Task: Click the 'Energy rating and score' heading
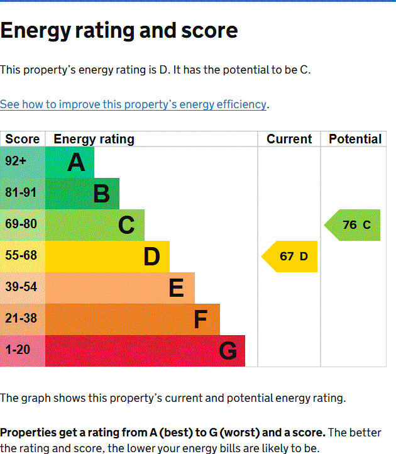[x=119, y=31]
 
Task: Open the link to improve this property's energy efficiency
[x=133, y=104]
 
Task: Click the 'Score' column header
[x=23, y=139]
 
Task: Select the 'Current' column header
[x=289, y=139]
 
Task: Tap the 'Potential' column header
[x=355, y=139]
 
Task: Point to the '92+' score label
[x=16, y=162]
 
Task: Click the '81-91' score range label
[x=21, y=193]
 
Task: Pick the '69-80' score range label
[x=21, y=224]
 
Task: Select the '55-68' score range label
[x=21, y=256]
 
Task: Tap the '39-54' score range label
[x=21, y=287]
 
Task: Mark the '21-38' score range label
[x=21, y=319]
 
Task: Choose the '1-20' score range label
[x=18, y=350]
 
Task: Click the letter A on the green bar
[x=76, y=163]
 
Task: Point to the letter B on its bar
[x=101, y=194]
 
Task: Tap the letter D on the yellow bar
[x=151, y=257]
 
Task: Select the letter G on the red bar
[x=228, y=351]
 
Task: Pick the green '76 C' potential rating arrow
[x=355, y=225]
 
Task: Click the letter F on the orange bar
[x=201, y=320]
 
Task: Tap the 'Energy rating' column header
[x=94, y=139]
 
